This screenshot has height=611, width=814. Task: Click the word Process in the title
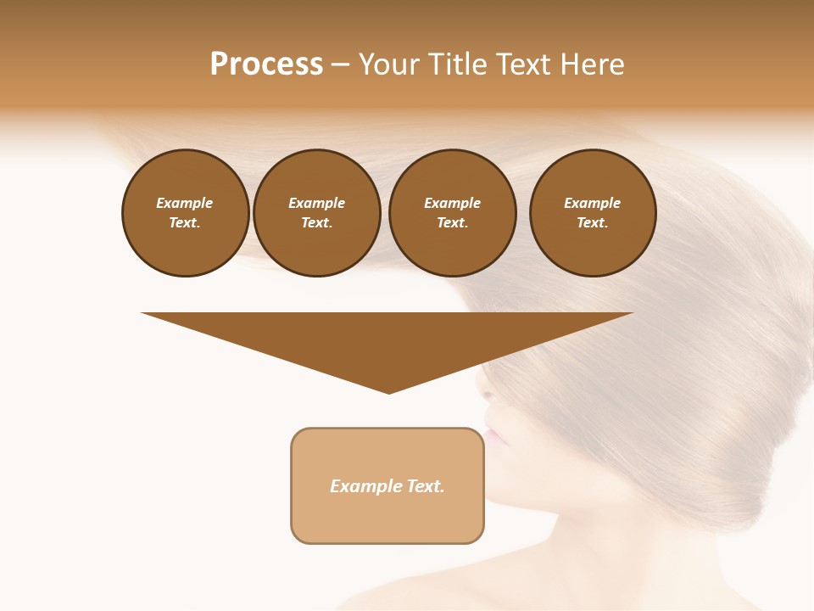[266, 64]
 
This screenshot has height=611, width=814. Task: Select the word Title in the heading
[460, 64]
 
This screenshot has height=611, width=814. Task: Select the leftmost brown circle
[185, 212]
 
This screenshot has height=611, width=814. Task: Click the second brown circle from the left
[316, 212]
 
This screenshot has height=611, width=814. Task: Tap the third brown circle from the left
[452, 212]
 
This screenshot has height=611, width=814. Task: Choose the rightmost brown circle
[592, 212]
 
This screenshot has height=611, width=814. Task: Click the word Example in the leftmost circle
[185, 203]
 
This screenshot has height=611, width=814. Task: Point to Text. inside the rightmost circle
[592, 222]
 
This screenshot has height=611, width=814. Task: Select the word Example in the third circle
[452, 203]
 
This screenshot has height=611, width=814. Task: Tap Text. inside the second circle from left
[316, 222]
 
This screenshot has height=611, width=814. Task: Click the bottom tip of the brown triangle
[388, 392]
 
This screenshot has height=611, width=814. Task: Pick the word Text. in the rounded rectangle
[426, 486]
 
